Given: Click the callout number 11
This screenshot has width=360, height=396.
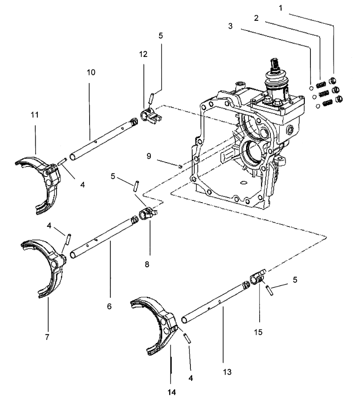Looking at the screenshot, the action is (x=35, y=115).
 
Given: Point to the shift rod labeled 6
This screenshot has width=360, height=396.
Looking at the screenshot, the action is (x=104, y=237).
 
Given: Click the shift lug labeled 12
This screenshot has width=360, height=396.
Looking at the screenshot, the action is (x=150, y=115).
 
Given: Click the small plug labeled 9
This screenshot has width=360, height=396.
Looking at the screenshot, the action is (x=180, y=166).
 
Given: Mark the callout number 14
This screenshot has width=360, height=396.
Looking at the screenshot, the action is (x=172, y=392).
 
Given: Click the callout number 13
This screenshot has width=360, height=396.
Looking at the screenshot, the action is (x=227, y=372).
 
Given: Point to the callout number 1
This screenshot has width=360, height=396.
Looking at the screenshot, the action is (x=280, y=8).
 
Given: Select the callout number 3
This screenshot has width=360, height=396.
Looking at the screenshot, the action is (x=230, y=26).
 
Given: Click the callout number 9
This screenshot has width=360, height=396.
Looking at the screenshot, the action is (x=149, y=156).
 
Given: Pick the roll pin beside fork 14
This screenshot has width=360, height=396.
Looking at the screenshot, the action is (x=187, y=338).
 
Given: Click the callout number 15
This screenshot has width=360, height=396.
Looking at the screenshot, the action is (x=258, y=332).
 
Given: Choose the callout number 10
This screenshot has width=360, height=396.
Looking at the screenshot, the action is (x=91, y=73).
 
